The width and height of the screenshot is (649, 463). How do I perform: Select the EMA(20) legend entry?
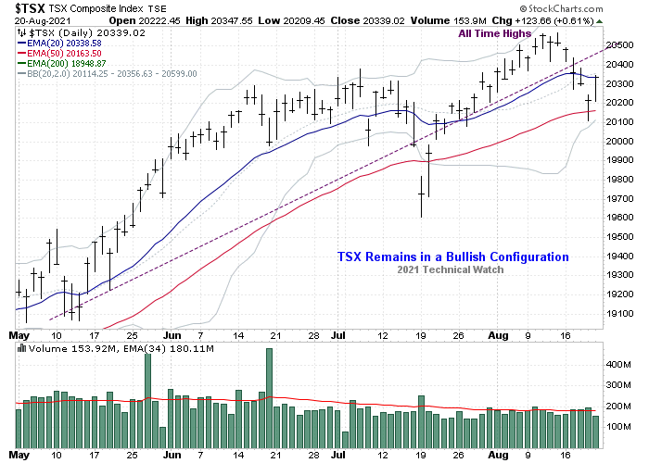[x=59, y=43]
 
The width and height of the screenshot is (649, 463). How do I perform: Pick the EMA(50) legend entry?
[x=59, y=53]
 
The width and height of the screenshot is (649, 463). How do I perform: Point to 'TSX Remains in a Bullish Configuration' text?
[x=451, y=257]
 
